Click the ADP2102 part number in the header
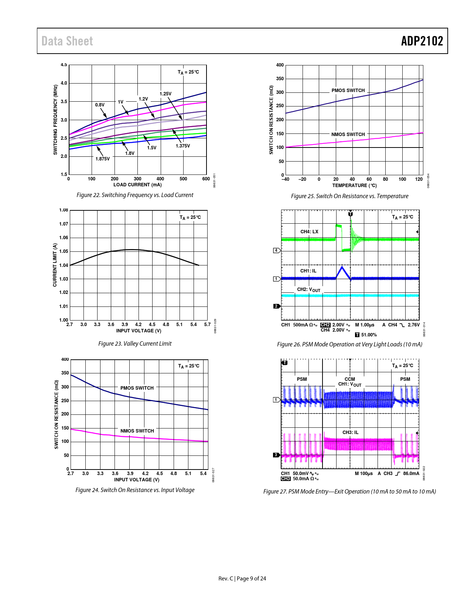click(422, 41)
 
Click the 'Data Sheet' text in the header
click(67, 41)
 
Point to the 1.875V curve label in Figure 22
click(103, 159)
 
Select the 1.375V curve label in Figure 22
click(183, 146)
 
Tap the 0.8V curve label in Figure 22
click(100, 105)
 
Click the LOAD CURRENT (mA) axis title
click(137, 185)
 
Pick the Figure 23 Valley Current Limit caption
click(135, 343)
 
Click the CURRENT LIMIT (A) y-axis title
click(55, 265)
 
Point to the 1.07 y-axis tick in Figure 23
click(64, 224)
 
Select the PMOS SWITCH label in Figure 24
click(137, 388)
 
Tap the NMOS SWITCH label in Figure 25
click(348, 135)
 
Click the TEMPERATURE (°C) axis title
click(354, 186)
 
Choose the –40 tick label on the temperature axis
click(286, 179)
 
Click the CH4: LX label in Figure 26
click(309, 232)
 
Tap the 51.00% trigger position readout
click(369, 335)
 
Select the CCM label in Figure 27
click(350, 379)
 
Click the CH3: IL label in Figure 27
click(350, 433)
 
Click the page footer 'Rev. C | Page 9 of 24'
click(242, 579)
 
